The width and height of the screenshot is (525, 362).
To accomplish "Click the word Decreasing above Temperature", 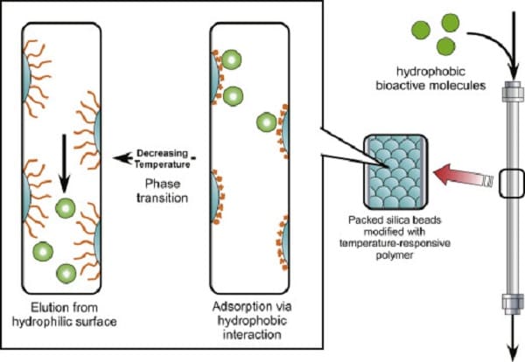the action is pos(163,153).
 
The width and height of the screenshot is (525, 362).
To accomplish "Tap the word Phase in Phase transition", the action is pos(163,184).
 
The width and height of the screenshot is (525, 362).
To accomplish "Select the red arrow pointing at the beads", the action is pos(464,175).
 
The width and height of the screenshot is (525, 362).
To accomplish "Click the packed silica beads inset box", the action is pos(395,171).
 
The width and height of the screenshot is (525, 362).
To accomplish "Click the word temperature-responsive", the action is pos(395,243).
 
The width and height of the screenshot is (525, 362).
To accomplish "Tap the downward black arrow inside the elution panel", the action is pos(64,164).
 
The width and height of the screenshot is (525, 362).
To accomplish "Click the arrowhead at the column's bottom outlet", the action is pos(513,354).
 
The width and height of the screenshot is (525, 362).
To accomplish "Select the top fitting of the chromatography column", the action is pos(513,91).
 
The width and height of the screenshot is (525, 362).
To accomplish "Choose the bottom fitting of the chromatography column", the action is pos(513,304).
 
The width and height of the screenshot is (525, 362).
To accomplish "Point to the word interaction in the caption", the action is pos(252,335).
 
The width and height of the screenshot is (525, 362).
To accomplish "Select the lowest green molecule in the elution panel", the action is pos(66,274).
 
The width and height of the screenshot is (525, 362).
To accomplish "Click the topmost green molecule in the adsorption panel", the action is pos(231,59).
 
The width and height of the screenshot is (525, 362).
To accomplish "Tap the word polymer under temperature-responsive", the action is pos(395,255).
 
